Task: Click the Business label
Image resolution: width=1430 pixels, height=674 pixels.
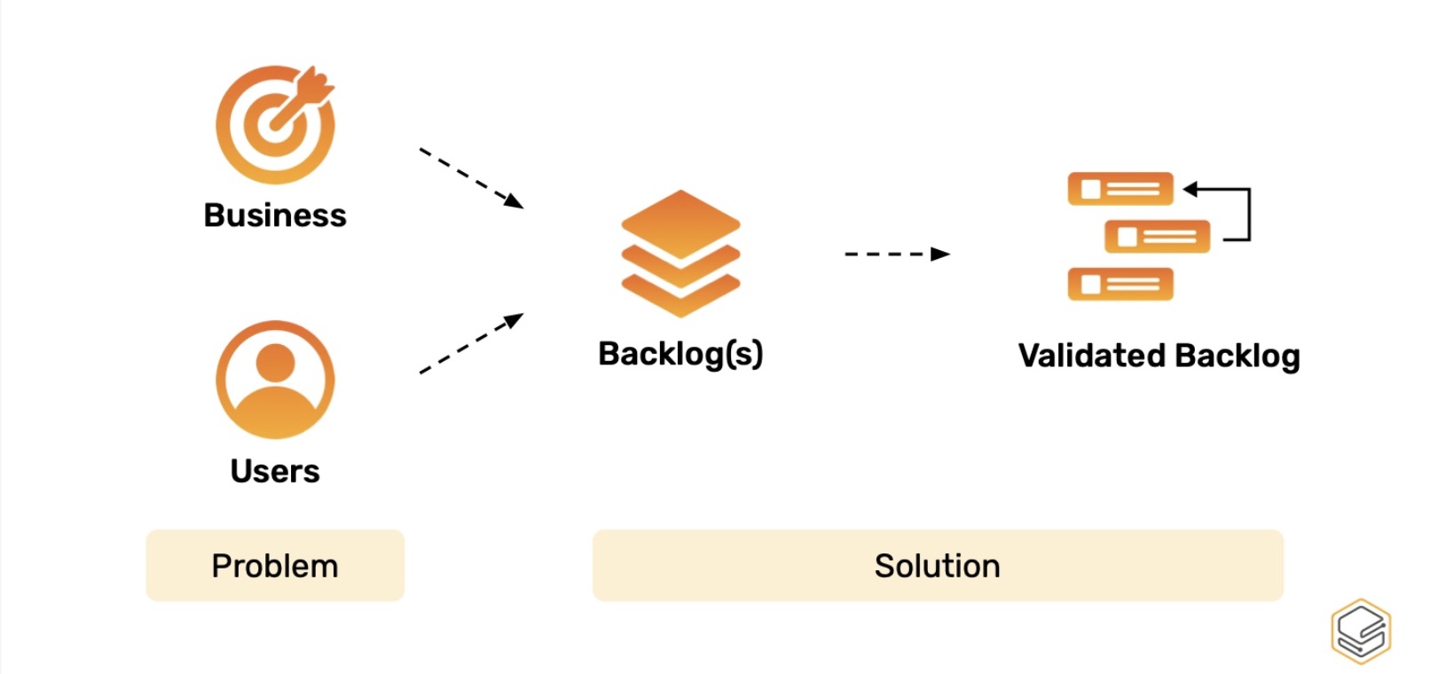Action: (x=275, y=216)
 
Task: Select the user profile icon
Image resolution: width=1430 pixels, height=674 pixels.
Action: (x=275, y=380)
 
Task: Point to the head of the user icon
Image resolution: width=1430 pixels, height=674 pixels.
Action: (x=275, y=362)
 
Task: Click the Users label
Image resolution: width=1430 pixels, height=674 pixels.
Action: (x=275, y=471)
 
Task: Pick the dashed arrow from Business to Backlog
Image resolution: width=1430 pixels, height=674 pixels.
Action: (x=471, y=177)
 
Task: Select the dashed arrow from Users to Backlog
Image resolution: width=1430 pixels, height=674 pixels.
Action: (x=471, y=343)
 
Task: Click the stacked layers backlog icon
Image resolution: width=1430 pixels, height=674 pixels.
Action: (x=680, y=254)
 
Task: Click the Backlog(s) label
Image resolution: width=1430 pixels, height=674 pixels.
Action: (x=680, y=354)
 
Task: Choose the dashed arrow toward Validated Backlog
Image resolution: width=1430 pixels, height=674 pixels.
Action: (x=896, y=255)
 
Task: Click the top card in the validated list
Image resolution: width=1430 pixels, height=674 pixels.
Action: (x=1120, y=189)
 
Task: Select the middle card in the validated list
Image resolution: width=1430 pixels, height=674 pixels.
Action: (x=1157, y=237)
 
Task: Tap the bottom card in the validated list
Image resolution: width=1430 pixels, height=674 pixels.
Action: (x=1120, y=285)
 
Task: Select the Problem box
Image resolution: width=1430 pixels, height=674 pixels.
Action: (x=275, y=566)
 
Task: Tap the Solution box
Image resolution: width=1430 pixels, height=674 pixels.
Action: (x=938, y=566)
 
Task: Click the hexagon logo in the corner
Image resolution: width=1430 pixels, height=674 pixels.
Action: (x=1361, y=631)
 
